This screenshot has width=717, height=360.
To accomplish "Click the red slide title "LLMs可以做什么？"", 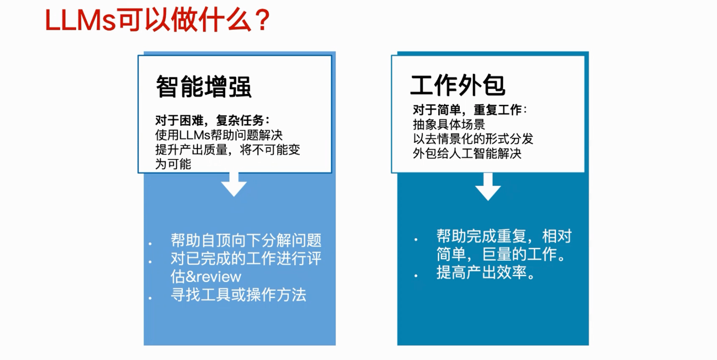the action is click(x=158, y=20).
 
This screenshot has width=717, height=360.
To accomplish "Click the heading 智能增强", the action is click(x=204, y=87).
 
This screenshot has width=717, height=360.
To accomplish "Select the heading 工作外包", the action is click(x=458, y=85).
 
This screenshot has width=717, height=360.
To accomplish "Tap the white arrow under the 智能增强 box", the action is click(x=234, y=185).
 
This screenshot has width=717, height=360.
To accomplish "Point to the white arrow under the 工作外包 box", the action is click(x=488, y=187).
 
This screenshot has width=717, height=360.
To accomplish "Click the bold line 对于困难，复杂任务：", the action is click(x=213, y=120).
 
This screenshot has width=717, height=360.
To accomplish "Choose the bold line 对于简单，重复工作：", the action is click(x=470, y=110).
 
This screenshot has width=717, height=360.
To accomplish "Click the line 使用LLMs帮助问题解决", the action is click(x=219, y=135).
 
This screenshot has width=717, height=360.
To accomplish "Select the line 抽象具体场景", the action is click(x=449, y=124).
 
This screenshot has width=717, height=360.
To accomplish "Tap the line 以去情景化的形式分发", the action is click(x=473, y=139).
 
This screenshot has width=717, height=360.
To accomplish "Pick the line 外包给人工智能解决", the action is click(x=467, y=154).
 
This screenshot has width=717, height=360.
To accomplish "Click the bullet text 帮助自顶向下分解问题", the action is click(x=246, y=240).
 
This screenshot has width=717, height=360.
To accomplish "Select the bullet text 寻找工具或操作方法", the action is click(x=238, y=295).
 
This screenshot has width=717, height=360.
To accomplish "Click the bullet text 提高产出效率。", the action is click(x=486, y=272).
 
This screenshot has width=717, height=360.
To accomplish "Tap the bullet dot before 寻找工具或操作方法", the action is click(x=150, y=298).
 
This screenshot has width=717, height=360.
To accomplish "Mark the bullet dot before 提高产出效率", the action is click(x=416, y=276).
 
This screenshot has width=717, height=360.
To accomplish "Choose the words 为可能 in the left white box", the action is click(x=173, y=164).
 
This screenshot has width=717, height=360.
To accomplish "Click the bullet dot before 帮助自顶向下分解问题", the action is click(x=150, y=244).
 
